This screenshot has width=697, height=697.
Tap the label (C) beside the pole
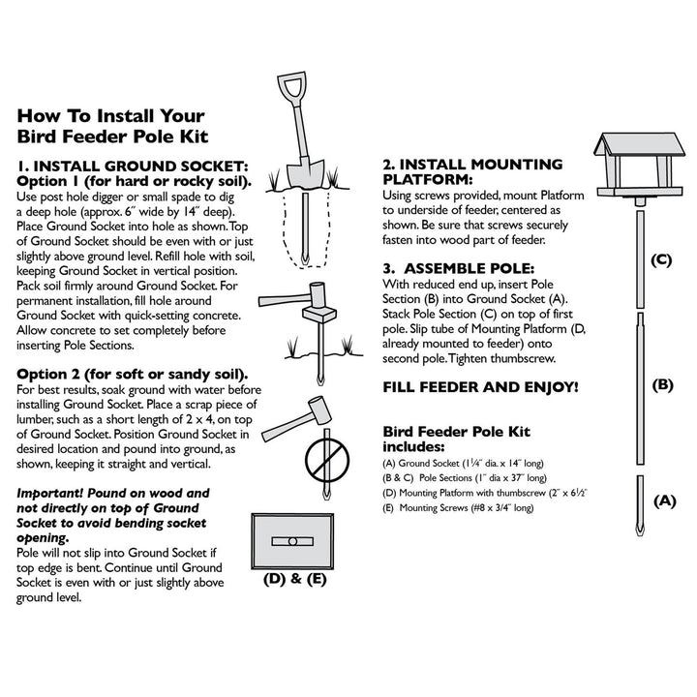point(661,259)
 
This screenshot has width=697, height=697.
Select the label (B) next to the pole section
point(662,384)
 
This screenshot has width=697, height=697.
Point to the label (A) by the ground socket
point(663,500)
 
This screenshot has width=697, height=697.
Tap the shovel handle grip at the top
point(294,81)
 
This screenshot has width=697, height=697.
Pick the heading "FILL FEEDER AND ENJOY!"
point(481,387)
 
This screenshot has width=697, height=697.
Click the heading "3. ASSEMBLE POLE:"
point(458,267)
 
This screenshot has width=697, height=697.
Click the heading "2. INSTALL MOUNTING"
point(472,165)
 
